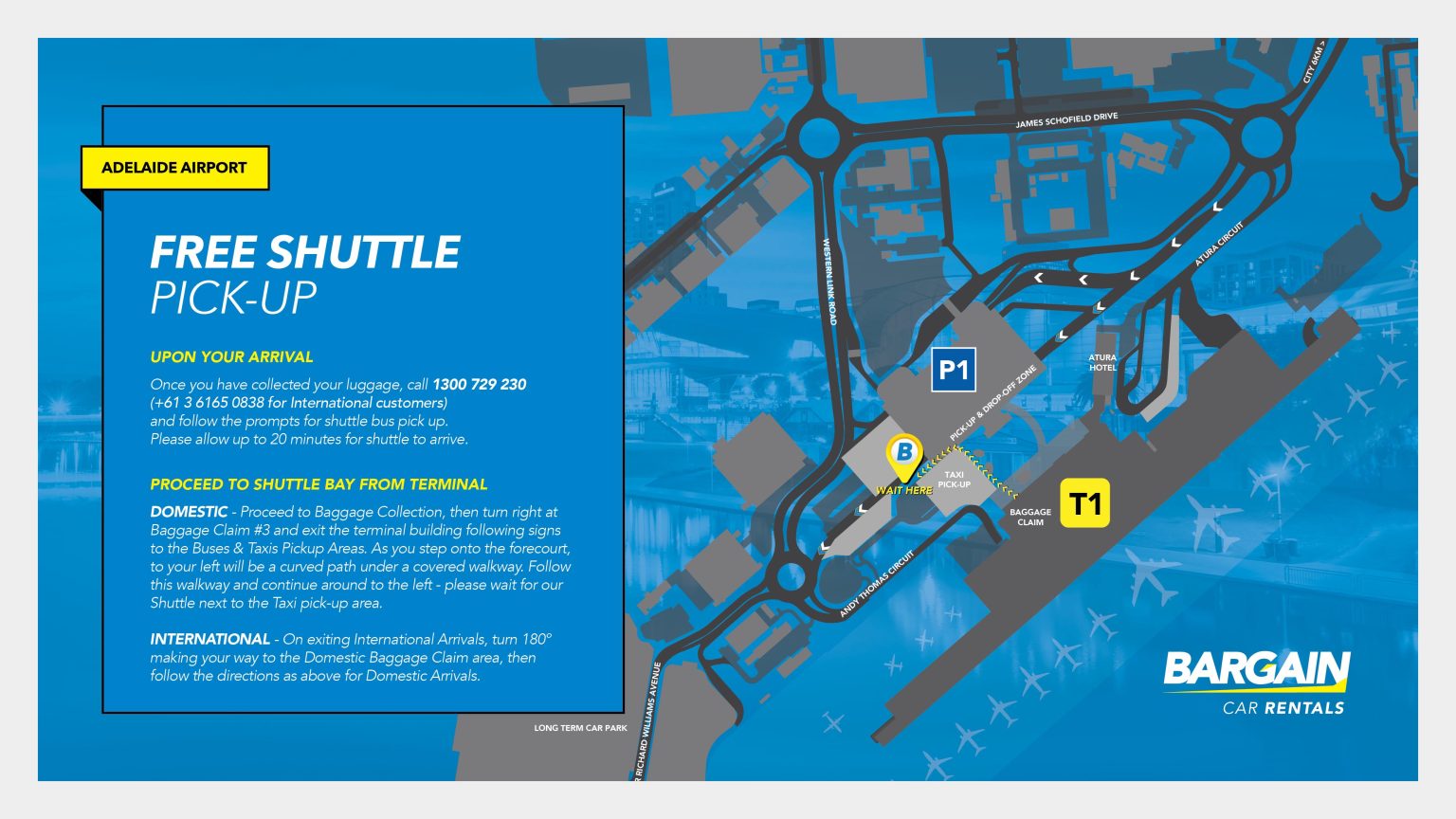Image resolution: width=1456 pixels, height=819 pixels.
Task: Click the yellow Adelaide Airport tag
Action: tap(174, 168)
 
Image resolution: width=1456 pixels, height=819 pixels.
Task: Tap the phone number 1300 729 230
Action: tap(479, 384)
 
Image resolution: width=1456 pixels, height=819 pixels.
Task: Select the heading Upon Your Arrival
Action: tap(231, 356)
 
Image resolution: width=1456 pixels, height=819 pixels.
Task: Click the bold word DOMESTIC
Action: tap(189, 512)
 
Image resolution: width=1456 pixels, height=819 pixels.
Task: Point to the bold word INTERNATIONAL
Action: tap(209, 639)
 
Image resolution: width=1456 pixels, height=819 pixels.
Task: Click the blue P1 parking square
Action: tap(953, 369)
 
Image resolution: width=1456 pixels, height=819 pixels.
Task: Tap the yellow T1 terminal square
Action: tap(1085, 503)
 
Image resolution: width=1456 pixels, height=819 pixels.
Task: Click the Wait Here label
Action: tap(903, 490)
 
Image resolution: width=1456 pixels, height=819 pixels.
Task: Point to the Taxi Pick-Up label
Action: tap(954, 480)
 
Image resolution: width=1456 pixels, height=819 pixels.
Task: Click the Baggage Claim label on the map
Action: tap(1030, 517)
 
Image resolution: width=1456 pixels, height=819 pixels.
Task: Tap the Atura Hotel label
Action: tap(1102, 362)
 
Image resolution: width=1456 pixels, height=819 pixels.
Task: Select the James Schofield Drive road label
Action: tap(1066, 120)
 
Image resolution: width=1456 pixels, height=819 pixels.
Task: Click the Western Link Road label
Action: tap(829, 282)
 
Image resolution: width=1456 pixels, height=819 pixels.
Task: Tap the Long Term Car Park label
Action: tap(580, 728)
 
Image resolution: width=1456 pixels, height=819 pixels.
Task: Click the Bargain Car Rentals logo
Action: tap(1256, 682)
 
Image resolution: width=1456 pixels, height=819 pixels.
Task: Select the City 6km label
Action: tap(1313, 62)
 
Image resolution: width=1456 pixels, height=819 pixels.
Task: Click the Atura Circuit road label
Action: tap(1218, 244)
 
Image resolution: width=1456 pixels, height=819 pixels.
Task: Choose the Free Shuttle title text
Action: tap(304, 253)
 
